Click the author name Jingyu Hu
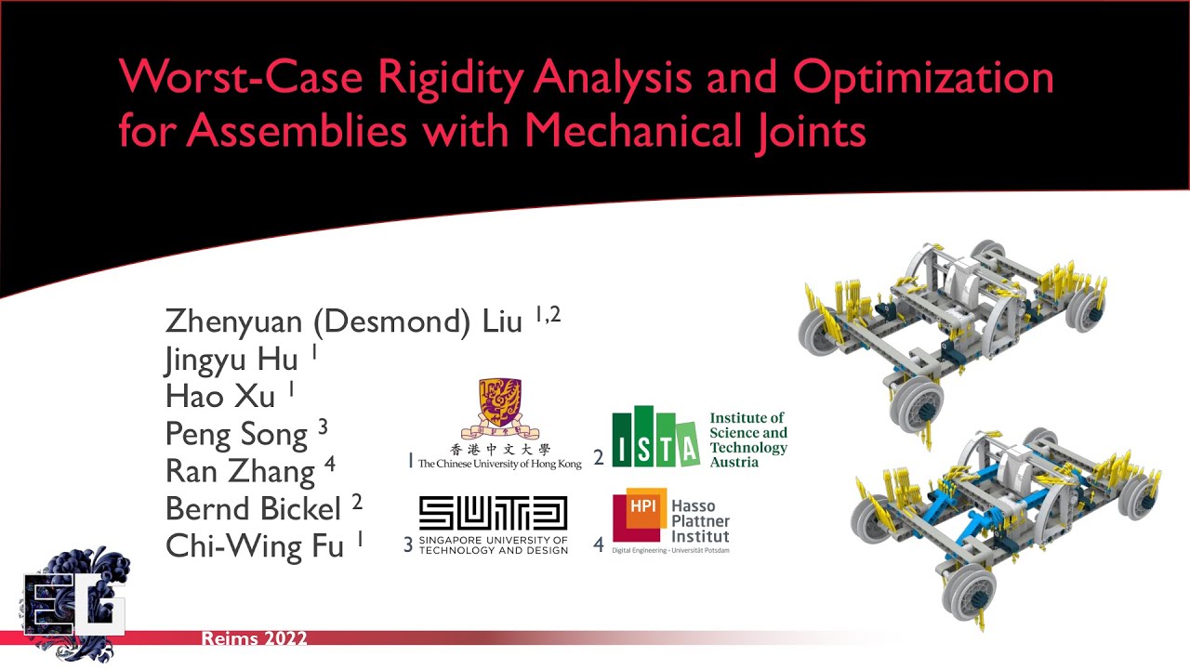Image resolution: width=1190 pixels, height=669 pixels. pos(231,360)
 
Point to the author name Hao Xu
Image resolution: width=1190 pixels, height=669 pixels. pos(220,397)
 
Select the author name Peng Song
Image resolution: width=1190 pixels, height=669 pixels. pos(236,434)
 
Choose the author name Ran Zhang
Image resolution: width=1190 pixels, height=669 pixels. pos(240,471)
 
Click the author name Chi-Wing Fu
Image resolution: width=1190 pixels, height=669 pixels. pos(254,546)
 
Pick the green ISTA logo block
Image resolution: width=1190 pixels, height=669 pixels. pos(654,436)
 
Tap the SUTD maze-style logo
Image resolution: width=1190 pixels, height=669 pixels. pos(493,514)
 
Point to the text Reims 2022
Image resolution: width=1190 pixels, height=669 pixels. pos(254,638)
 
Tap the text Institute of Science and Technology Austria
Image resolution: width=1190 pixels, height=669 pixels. pos(747,439)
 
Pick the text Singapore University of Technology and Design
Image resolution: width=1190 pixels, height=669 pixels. pos(493,544)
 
